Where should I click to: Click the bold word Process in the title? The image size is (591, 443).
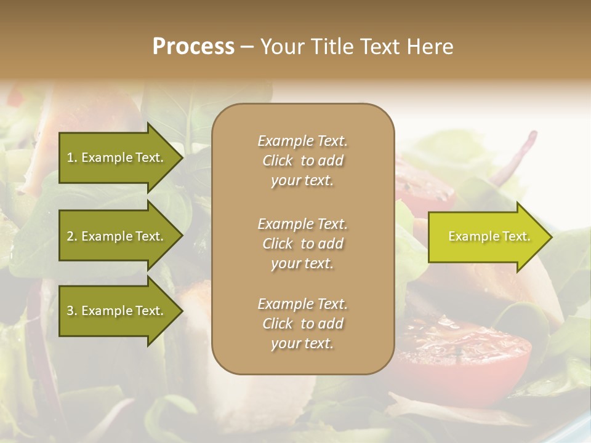[x=193, y=47]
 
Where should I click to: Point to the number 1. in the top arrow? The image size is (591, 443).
[x=72, y=158]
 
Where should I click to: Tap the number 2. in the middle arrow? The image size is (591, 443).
[x=72, y=236]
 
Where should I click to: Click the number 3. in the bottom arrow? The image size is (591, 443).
[x=72, y=311]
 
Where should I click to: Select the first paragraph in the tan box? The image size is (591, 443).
[x=302, y=161]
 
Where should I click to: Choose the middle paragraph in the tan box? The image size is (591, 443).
[x=302, y=244]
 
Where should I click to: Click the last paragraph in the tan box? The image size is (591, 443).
[x=302, y=324]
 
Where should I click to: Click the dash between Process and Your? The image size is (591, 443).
[x=246, y=47]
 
